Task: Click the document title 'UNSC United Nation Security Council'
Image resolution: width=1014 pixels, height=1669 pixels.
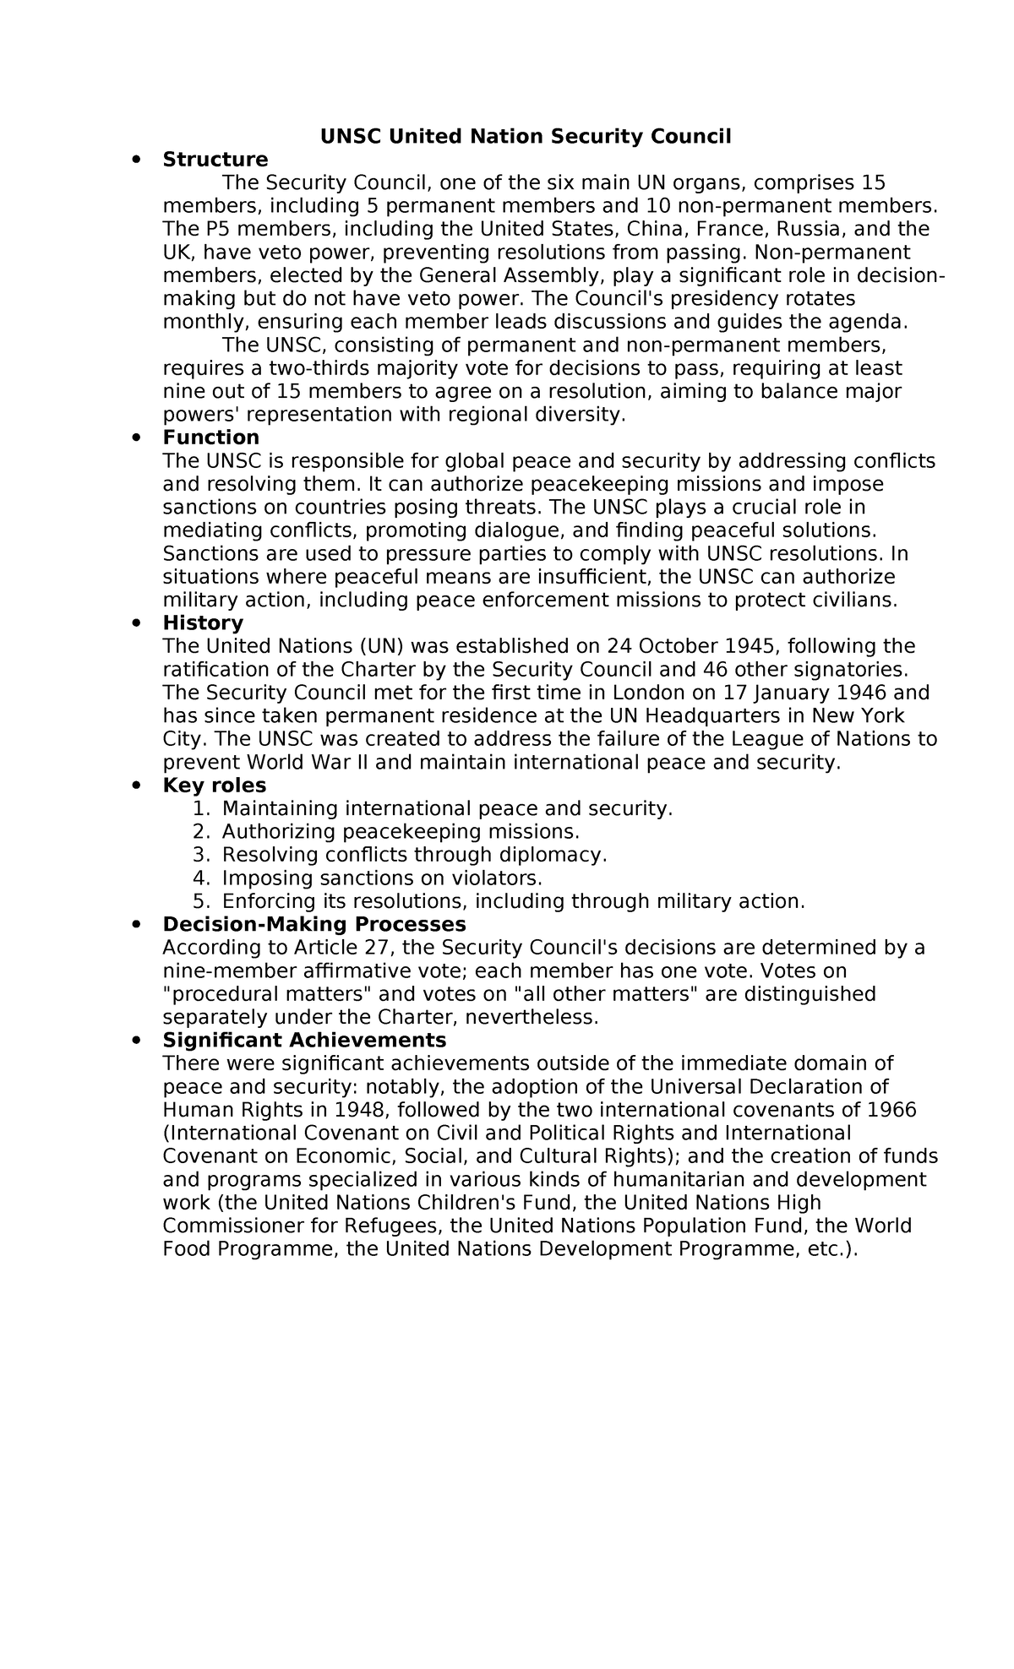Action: pos(525,137)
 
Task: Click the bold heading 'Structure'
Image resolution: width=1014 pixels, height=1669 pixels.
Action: pos(215,160)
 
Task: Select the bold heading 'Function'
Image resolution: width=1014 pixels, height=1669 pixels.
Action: pos(210,438)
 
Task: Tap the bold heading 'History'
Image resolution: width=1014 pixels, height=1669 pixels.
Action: pos(203,623)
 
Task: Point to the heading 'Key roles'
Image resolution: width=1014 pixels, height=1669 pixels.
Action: pos(214,786)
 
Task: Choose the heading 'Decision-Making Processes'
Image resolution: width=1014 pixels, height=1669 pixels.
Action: pos(313,924)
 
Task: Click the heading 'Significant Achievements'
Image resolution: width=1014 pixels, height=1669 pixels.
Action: pos(304,1040)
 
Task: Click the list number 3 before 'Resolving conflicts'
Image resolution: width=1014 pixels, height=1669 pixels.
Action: pos(199,855)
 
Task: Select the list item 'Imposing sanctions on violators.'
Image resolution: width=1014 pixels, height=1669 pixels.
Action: pos(382,878)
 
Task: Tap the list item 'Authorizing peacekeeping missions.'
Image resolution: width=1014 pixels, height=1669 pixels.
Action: pos(401,832)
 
